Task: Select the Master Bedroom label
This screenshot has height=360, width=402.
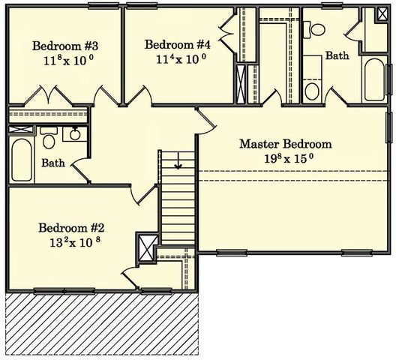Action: coord(285,144)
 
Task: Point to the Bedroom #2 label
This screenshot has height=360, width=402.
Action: coord(71,228)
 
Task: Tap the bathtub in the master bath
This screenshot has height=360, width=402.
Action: coord(373,80)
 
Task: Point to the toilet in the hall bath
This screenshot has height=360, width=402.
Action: coord(49,140)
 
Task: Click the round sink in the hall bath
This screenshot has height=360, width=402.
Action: coord(73,135)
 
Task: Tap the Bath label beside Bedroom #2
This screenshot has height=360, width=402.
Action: coord(52,163)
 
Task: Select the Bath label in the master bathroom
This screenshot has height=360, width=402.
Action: coord(337,56)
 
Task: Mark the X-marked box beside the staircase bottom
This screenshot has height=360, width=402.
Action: coord(144,246)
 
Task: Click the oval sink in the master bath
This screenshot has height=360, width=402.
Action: coord(314,90)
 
